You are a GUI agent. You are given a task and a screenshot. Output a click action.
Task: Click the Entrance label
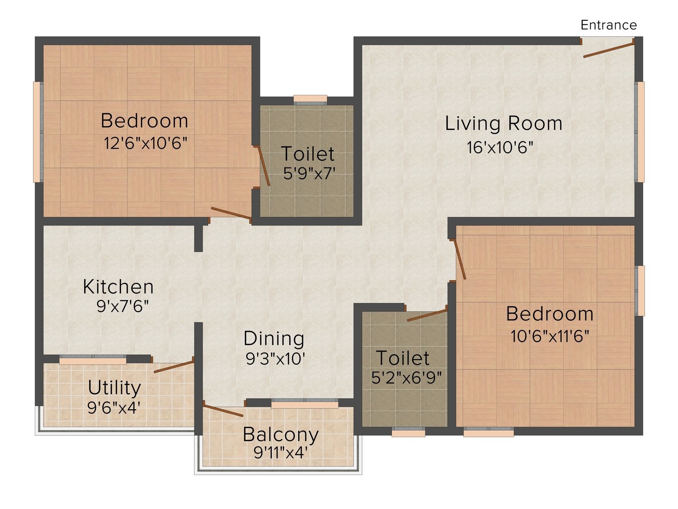[x=608, y=25]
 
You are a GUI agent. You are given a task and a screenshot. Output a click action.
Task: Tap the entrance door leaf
[x=608, y=50]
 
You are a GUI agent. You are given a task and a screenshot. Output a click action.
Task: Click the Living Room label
[x=504, y=124]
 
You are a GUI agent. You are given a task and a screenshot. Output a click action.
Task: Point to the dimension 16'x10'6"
[x=500, y=147]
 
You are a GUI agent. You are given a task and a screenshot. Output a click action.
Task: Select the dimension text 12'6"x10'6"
[x=145, y=143]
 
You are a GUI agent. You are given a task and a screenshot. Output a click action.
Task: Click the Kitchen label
[x=118, y=287]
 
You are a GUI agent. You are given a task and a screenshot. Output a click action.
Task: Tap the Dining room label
[x=273, y=338]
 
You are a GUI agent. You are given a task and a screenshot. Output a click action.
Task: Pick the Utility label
[x=114, y=388]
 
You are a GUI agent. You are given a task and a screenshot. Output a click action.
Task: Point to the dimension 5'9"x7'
[x=309, y=173]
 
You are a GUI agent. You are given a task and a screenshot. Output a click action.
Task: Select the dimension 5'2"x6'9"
[x=406, y=378]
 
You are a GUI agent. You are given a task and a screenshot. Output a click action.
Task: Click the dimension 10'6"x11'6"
[x=550, y=336]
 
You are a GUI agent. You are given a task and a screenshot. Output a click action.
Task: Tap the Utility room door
[x=174, y=367]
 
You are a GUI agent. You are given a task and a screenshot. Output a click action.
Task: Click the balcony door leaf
[x=223, y=411]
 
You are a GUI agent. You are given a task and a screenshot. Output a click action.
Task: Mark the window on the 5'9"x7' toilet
[x=310, y=100]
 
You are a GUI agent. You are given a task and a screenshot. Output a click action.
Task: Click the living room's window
[x=640, y=132]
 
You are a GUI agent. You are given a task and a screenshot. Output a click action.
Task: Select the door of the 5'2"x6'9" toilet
[x=427, y=315]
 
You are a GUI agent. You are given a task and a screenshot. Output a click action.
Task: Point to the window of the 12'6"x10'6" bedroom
[x=38, y=132]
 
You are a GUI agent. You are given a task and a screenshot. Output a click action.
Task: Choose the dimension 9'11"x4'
[x=281, y=453]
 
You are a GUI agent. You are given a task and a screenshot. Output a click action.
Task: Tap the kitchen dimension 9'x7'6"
[x=122, y=306]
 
